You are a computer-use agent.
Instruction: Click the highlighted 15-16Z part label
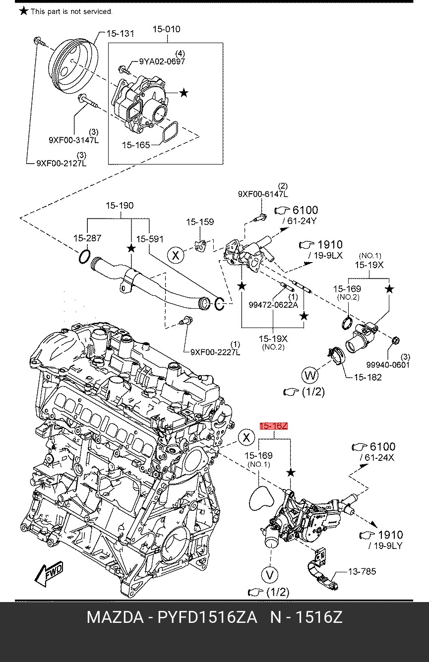tap(274, 426)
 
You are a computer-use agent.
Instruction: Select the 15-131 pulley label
tap(121, 33)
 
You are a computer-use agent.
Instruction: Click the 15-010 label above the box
tap(167, 29)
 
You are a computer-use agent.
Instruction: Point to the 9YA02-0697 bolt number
tap(162, 61)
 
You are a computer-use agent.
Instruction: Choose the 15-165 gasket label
tap(136, 145)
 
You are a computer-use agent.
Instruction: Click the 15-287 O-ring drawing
tap(84, 256)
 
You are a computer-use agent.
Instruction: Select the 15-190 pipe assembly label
tap(120, 205)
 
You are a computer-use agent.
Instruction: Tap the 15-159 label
tap(200, 221)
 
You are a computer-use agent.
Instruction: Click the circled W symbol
tap(310, 375)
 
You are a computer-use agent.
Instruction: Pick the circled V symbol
tap(270, 575)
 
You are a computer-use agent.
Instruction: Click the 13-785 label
tap(362, 571)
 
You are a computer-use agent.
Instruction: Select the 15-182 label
tap(368, 377)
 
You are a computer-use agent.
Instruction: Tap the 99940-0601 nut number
tap(388, 365)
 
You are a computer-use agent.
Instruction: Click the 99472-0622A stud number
tap(273, 304)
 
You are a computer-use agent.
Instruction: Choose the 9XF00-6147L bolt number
tap(263, 194)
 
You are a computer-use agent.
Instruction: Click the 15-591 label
tap(150, 239)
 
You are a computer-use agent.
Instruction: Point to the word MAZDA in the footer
tap(117, 617)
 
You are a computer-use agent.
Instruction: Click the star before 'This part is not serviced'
tap(23, 11)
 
